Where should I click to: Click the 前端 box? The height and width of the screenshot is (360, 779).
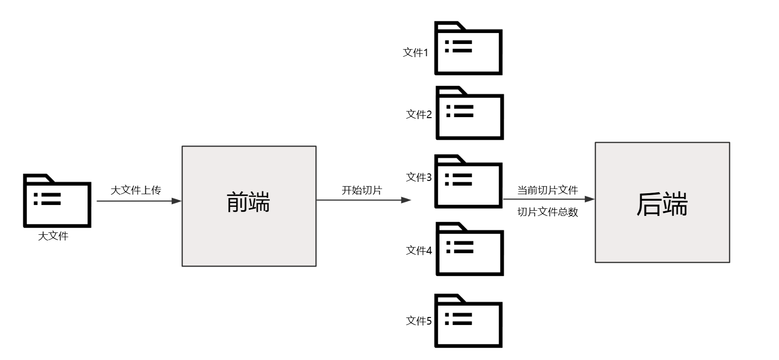[249, 206]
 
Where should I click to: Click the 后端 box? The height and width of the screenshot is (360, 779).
[662, 202]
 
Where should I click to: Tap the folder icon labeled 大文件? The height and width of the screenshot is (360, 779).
[57, 201]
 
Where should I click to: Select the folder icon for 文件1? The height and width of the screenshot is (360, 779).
[468, 49]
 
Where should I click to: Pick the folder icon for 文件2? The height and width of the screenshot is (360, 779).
[469, 113]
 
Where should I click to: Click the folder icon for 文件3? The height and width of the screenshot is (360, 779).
[468, 181]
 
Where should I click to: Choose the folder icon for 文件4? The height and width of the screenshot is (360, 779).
[469, 249]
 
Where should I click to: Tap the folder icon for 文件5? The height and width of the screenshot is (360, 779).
[468, 321]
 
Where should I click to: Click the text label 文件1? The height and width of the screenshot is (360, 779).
[415, 52]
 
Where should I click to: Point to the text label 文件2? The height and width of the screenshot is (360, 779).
[419, 114]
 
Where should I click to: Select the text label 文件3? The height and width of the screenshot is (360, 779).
[419, 177]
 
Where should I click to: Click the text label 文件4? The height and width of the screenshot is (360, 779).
[419, 250]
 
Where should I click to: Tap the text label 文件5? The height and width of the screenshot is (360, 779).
[419, 321]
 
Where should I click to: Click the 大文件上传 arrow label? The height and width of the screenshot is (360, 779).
[136, 190]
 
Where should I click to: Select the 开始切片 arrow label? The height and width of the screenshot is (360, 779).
[362, 190]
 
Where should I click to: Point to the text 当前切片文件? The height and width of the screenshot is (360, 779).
[547, 190]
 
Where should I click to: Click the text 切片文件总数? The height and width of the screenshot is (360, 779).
[547, 212]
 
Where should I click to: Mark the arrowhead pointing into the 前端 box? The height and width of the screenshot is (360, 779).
[177, 201]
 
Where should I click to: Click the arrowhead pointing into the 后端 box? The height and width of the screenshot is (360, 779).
[589, 199]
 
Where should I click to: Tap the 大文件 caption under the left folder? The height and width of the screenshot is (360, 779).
[53, 236]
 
